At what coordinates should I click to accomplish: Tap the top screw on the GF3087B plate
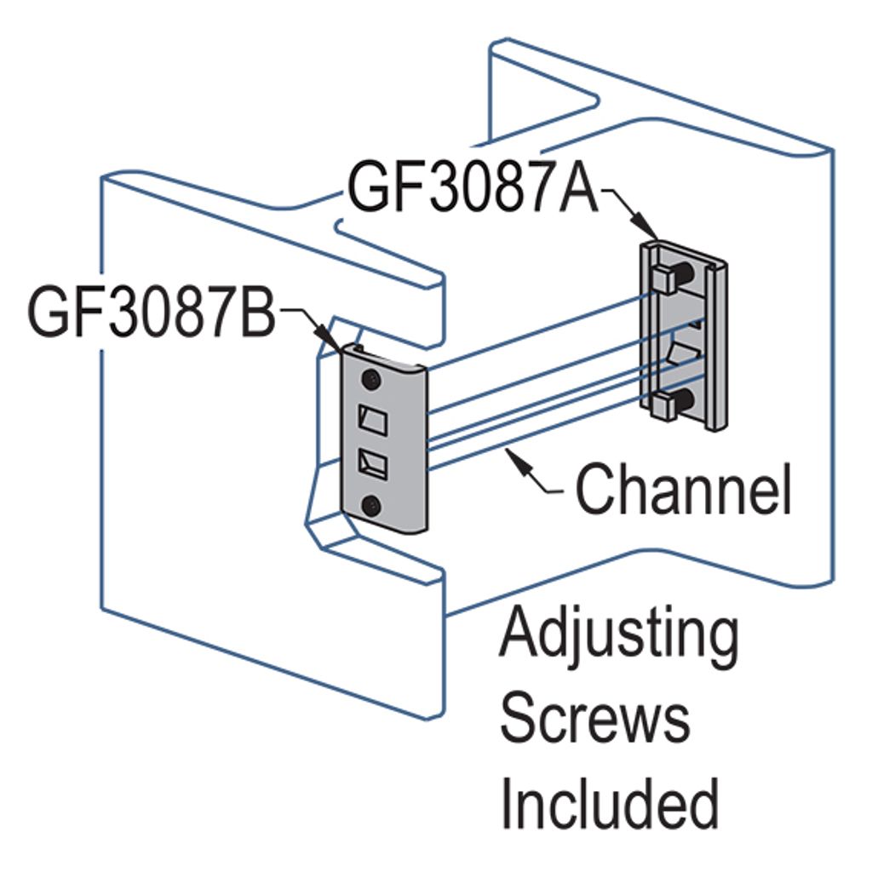pyautogui.click(x=372, y=377)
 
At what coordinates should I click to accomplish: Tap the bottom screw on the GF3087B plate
pyautogui.click(x=371, y=506)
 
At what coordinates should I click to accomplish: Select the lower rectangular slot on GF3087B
pyautogui.click(x=372, y=465)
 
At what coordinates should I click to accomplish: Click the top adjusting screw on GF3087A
pyautogui.click(x=673, y=278)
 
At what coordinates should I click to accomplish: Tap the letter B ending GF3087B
pyautogui.click(x=256, y=313)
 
